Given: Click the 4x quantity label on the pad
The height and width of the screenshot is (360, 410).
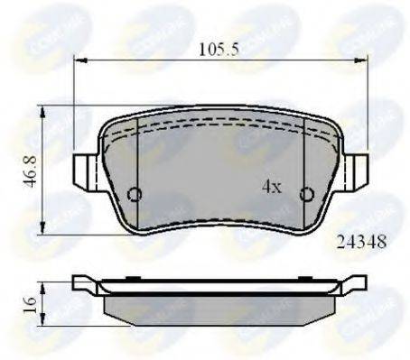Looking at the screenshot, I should (271, 188).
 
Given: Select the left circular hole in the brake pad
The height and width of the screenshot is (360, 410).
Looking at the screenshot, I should (135, 194).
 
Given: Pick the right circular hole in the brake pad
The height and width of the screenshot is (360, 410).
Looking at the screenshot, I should (306, 194).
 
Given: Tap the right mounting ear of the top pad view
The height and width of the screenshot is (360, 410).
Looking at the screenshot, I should (359, 171).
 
